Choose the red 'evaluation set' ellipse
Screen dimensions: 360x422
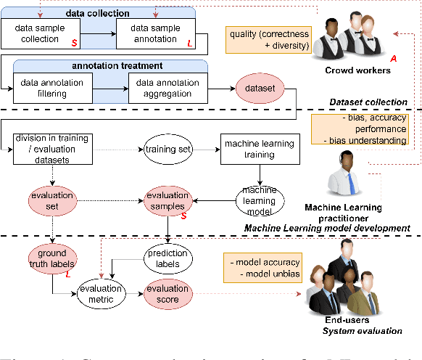[52, 201]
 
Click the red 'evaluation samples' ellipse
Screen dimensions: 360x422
[168, 201]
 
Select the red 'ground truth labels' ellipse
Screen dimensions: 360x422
[52, 259]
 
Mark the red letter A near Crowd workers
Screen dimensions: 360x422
[393, 57]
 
